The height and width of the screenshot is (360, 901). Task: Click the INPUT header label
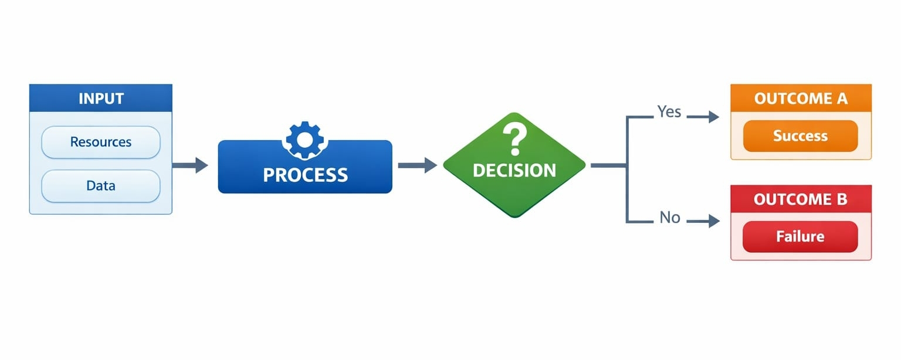(101, 98)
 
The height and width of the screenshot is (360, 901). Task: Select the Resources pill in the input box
(101, 142)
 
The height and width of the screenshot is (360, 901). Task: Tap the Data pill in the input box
(101, 186)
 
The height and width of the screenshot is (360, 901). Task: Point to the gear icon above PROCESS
(304, 138)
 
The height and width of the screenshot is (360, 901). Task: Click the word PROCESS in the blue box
(305, 175)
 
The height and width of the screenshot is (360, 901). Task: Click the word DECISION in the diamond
(514, 171)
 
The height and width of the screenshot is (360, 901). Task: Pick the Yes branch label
(669, 111)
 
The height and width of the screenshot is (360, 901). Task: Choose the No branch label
(669, 218)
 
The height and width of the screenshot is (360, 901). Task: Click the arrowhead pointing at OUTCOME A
(713, 117)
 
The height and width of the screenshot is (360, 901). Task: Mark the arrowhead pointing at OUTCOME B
(713, 221)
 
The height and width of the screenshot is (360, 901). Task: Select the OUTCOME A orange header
(801, 99)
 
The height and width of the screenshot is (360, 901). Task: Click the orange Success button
(800, 136)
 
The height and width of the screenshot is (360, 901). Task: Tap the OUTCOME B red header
(801, 199)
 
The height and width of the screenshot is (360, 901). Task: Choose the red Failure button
(800, 236)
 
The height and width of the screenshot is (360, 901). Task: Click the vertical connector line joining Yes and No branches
(627, 170)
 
